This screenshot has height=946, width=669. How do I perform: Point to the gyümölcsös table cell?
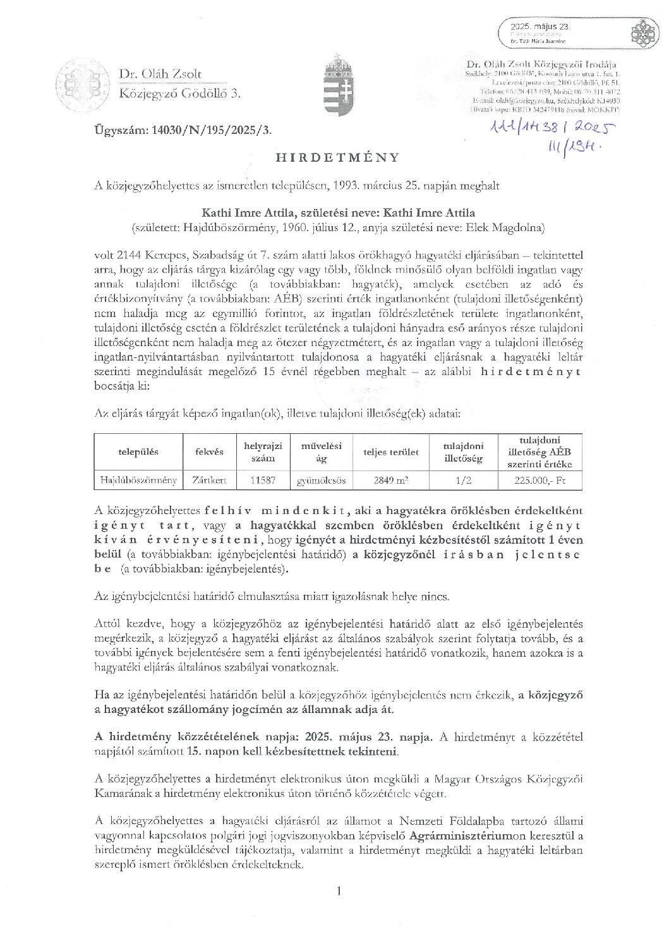tap(321, 480)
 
